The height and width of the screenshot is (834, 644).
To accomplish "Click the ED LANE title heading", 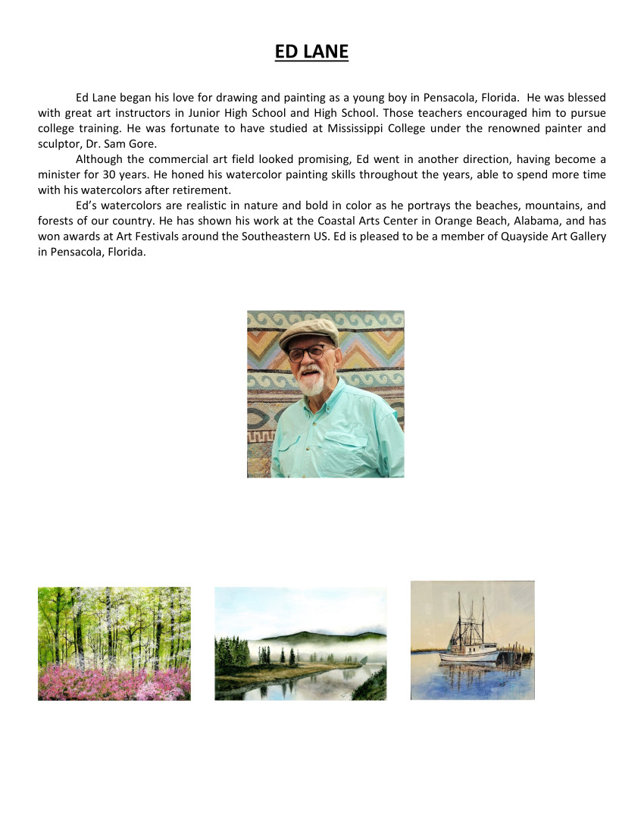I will coord(311,52).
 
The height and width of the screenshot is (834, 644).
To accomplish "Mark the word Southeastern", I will coord(261,237).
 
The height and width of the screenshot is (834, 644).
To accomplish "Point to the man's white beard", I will coord(311,382).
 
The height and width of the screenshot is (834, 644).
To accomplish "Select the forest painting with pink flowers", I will coord(114,643).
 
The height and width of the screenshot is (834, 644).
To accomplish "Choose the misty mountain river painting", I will coord(300,643).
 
